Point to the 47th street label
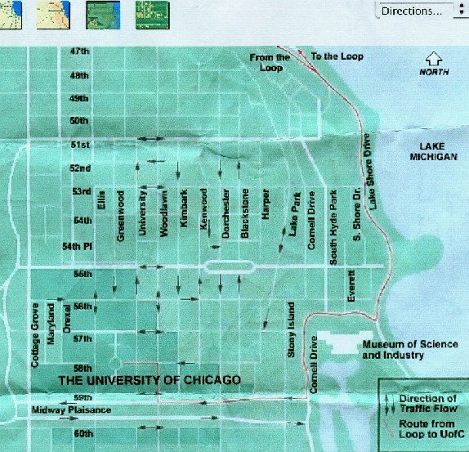coord(79,51)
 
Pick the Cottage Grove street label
coord(35,335)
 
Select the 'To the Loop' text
coord(337,56)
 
